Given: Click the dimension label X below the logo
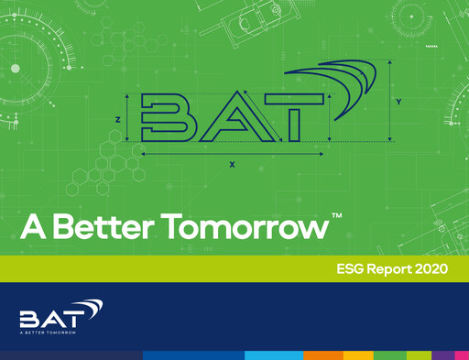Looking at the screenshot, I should coord(232,165).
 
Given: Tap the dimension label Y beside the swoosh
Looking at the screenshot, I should coord(398,100).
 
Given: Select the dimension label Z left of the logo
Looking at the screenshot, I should coord(119,119).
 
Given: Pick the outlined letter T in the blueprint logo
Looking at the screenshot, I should coord(296,119).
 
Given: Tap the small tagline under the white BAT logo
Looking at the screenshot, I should coord(54,333).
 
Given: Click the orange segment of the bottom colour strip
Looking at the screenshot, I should coord(323,355).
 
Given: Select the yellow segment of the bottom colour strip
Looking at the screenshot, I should coord(358,355).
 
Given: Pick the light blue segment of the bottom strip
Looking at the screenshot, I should coord(272,355).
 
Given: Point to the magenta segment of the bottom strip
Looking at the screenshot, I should coord(461,355).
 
